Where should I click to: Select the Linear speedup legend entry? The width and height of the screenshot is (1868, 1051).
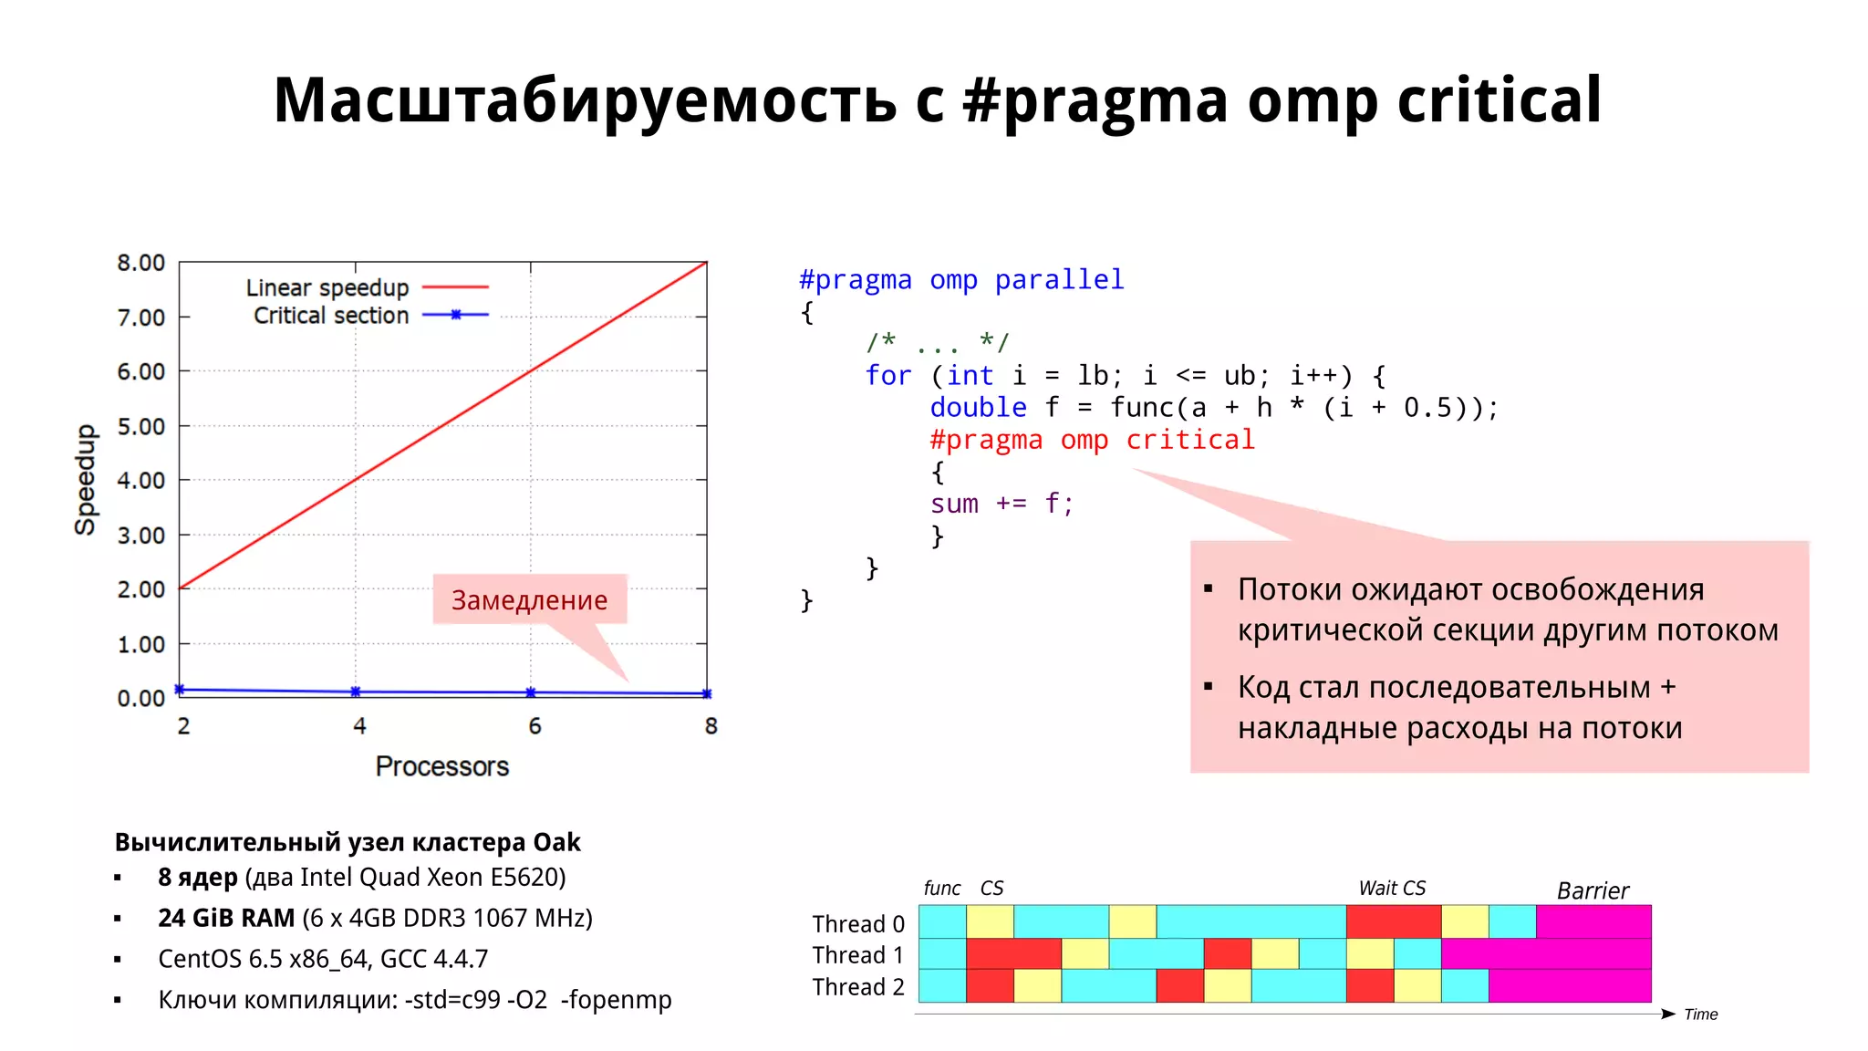click(x=327, y=287)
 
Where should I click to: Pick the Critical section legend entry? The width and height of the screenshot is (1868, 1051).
click(x=331, y=316)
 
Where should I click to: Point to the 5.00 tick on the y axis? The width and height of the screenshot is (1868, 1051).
click(x=141, y=426)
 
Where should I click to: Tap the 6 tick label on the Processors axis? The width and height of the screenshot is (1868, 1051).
click(x=534, y=726)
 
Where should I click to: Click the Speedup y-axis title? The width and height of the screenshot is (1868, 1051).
click(x=85, y=479)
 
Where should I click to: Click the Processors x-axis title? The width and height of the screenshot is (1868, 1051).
click(x=442, y=766)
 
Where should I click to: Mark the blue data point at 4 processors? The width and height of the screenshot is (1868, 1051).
click(x=356, y=692)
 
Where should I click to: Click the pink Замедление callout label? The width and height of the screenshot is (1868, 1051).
click(x=529, y=599)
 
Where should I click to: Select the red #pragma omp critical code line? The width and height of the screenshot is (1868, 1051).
click(x=1092, y=440)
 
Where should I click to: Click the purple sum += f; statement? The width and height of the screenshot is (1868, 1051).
click(x=1001, y=504)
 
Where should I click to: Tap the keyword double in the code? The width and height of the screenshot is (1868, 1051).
click(x=978, y=408)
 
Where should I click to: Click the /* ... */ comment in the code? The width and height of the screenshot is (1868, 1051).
click(x=937, y=343)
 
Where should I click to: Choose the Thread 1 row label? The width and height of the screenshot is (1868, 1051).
click(x=857, y=955)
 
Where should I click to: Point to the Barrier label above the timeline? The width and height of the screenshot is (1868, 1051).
click(x=1592, y=890)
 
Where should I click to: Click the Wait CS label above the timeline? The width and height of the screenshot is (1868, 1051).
click(x=1392, y=888)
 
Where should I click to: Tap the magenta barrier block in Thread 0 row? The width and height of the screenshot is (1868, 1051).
click(x=1593, y=921)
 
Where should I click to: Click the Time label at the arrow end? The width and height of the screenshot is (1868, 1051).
click(x=1700, y=1015)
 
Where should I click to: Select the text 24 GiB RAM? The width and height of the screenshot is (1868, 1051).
click(x=226, y=918)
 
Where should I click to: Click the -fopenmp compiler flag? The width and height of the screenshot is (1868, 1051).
click(x=616, y=1000)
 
